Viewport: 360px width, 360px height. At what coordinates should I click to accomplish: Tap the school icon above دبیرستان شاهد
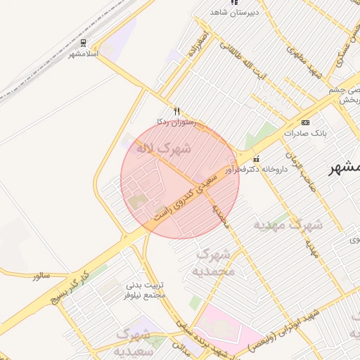[x=234, y=3]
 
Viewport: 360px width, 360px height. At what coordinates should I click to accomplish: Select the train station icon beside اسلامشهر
[x=72, y=53]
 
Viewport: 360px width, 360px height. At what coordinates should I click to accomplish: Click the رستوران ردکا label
[x=176, y=122]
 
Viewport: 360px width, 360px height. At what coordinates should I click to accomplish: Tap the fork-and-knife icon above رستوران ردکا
[x=176, y=111]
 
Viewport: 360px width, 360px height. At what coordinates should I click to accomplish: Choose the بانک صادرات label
[x=304, y=132]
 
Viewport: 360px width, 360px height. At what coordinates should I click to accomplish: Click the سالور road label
[x=41, y=275]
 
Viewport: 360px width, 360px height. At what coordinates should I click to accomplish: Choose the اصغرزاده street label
[x=196, y=44]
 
